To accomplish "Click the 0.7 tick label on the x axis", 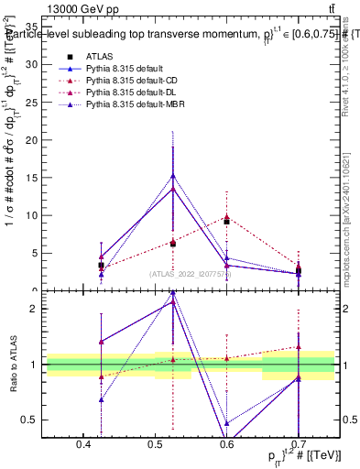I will [x=297, y=445].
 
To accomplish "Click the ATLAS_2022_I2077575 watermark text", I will [x=190, y=273].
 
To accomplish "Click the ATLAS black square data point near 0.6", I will [x=226, y=222].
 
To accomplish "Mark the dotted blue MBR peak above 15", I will [x=173, y=175].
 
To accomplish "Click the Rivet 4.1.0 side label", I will [x=349, y=69].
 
